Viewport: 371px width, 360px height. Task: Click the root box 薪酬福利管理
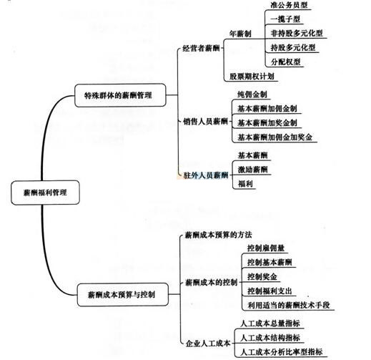45,193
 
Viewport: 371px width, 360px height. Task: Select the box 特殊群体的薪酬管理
120,95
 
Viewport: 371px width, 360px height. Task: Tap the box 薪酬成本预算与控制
123,295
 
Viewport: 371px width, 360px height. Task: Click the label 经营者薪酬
201,49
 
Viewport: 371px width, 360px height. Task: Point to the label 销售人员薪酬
206,122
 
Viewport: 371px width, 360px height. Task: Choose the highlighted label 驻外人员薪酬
206,175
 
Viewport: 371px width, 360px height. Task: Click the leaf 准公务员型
289,5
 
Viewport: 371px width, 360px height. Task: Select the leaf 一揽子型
285,19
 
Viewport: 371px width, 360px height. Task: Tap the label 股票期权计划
252,77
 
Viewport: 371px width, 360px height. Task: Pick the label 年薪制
240,34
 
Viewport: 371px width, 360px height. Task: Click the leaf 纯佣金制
252,94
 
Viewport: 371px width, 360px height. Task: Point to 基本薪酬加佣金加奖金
275,137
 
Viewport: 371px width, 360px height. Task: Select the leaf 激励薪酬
252,170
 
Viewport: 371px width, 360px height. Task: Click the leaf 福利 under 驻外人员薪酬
245,184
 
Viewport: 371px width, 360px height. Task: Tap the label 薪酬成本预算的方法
218,235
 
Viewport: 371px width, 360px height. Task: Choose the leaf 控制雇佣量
266,248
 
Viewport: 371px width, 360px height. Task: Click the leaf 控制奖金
262,277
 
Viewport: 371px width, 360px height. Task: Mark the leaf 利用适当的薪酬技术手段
289,305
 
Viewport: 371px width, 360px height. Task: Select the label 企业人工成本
208,344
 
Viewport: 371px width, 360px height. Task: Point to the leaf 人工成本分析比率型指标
282,352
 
